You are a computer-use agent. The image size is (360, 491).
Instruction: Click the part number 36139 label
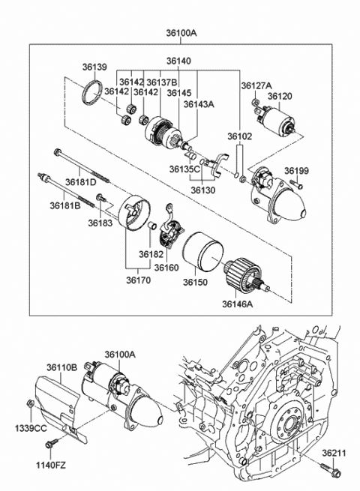(94, 67)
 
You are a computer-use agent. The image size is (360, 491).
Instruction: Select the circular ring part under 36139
(92, 96)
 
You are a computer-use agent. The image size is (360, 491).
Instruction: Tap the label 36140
(178, 61)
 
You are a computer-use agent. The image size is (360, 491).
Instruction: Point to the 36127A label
(256, 85)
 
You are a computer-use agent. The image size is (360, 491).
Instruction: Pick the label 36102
(240, 136)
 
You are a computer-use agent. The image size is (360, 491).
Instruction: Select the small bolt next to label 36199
(298, 185)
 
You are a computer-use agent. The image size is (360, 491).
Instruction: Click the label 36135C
(184, 169)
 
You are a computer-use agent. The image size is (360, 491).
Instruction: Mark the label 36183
(99, 223)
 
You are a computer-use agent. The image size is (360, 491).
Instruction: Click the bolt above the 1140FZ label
(50, 445)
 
